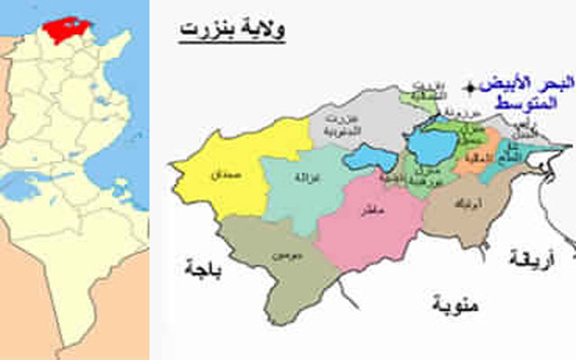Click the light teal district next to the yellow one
301,184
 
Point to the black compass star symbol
470,86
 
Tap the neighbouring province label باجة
202,266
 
